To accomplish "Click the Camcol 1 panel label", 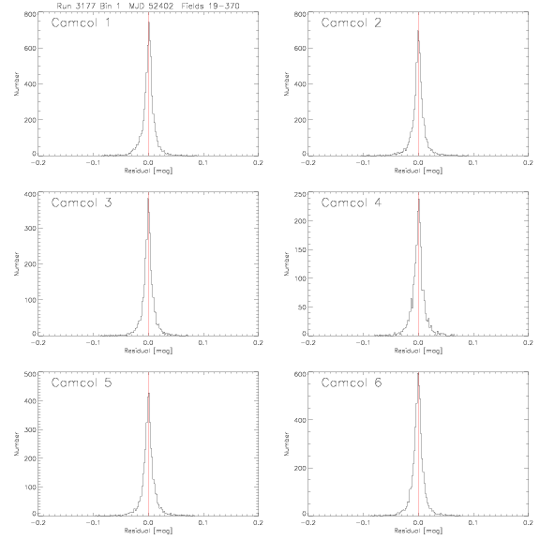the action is tap(81, 22).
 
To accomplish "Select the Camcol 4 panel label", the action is tap(352, 202).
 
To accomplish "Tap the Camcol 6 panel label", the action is tap(352, 382).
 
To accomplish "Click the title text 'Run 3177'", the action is tap(76, 6).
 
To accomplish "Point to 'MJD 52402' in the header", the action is tap(151, 6).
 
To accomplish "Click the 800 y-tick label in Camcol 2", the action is tap(301, 14).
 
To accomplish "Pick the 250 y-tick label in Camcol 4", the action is tap(301, 195).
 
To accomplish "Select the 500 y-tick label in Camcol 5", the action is tap(31, 374).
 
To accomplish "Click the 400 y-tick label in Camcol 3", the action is tap(31, 195).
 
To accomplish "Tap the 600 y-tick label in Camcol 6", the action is tap(301, 374).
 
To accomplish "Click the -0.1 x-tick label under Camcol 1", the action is tap(93, 163).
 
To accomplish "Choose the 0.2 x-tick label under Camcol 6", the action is tap(528, 523).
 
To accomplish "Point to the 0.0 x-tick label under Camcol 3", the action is tap(148, 343).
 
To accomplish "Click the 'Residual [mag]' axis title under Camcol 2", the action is tap(418, 171).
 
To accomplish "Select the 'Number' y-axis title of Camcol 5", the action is tap(16, 444).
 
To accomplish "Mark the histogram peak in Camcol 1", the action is tap(149, 22).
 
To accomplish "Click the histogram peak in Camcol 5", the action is tap(149, 394).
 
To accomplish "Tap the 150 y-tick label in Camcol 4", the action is tap(301, 249).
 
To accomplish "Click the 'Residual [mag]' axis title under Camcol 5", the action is tap(148, 531).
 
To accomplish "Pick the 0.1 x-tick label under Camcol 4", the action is tap(473, 343).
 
